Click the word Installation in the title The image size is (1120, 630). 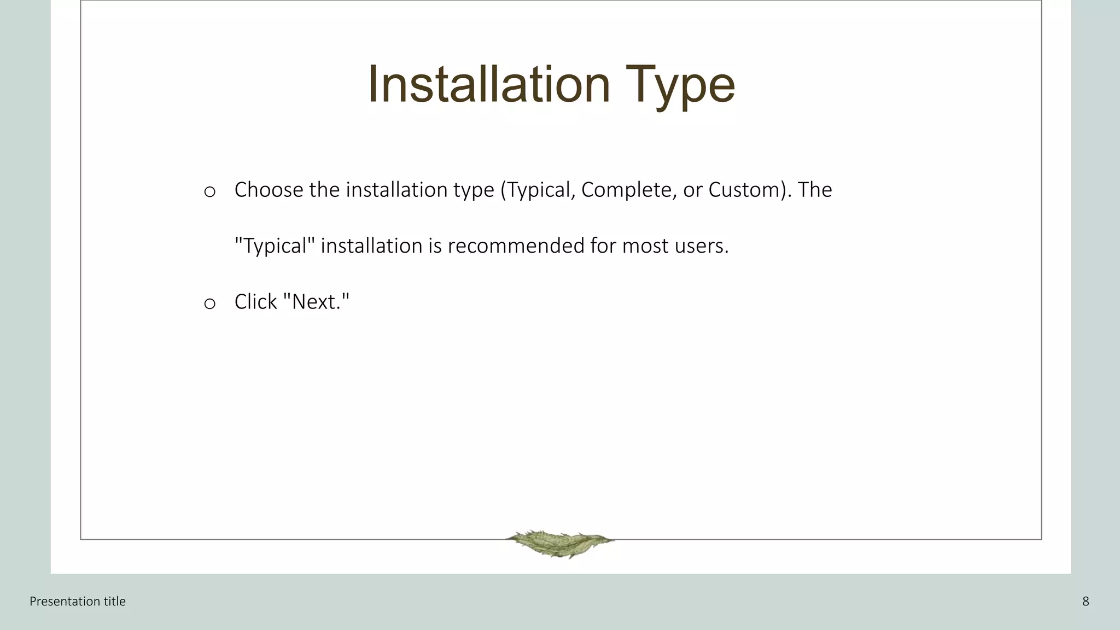(x=488, y=84)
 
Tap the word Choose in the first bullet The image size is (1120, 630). (x=269, y=190)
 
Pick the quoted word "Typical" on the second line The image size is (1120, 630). (x=275, y=246)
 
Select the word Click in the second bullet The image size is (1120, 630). (x=255, y=302)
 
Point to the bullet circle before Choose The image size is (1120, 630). (x=209, y=192)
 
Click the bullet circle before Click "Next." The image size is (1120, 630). (x=209, y=304)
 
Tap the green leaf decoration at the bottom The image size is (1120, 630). (x=559, y=543)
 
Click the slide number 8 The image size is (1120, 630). (x=1086, y=602)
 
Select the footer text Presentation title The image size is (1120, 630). (x=78, y=602)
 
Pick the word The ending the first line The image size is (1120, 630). (x=815, y=190)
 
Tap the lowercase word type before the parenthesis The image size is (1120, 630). (x=474, y=190)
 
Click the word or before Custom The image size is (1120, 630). (x=692, y=190)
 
